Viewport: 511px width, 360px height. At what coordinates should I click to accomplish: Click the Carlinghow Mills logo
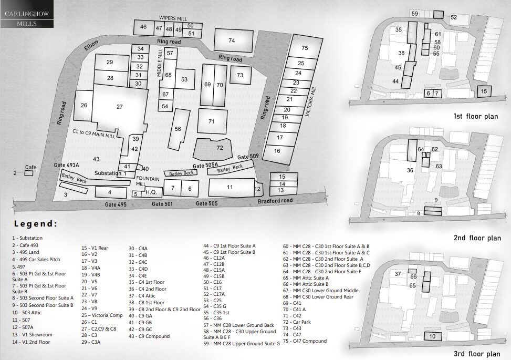[27, 18]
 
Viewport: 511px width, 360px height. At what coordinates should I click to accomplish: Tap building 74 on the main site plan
[234, 40]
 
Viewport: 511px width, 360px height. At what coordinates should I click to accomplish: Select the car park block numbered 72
[213, 149]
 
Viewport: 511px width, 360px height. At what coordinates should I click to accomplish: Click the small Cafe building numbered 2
[29, 173]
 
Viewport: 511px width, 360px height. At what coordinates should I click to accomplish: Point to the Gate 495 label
[116, 204]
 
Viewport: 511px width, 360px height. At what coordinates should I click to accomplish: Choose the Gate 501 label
[162, 204]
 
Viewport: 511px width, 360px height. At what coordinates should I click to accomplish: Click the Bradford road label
[275, 201]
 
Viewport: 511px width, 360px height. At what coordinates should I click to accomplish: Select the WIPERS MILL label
[173, 18]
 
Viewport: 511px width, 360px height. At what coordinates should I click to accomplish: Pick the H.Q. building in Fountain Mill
[151, 192]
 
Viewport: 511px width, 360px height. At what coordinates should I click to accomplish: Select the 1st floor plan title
[476, 117]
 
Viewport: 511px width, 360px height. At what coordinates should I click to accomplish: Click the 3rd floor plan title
[477, 354]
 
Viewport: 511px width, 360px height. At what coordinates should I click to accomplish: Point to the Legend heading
[36, 224]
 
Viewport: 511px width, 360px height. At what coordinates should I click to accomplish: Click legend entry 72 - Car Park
[297, 322]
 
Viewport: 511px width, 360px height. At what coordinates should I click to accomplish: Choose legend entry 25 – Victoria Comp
[102, 315]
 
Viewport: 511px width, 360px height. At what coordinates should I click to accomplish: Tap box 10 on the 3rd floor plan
[433, 336]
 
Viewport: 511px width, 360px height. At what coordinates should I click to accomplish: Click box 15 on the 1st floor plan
[484, 91]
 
